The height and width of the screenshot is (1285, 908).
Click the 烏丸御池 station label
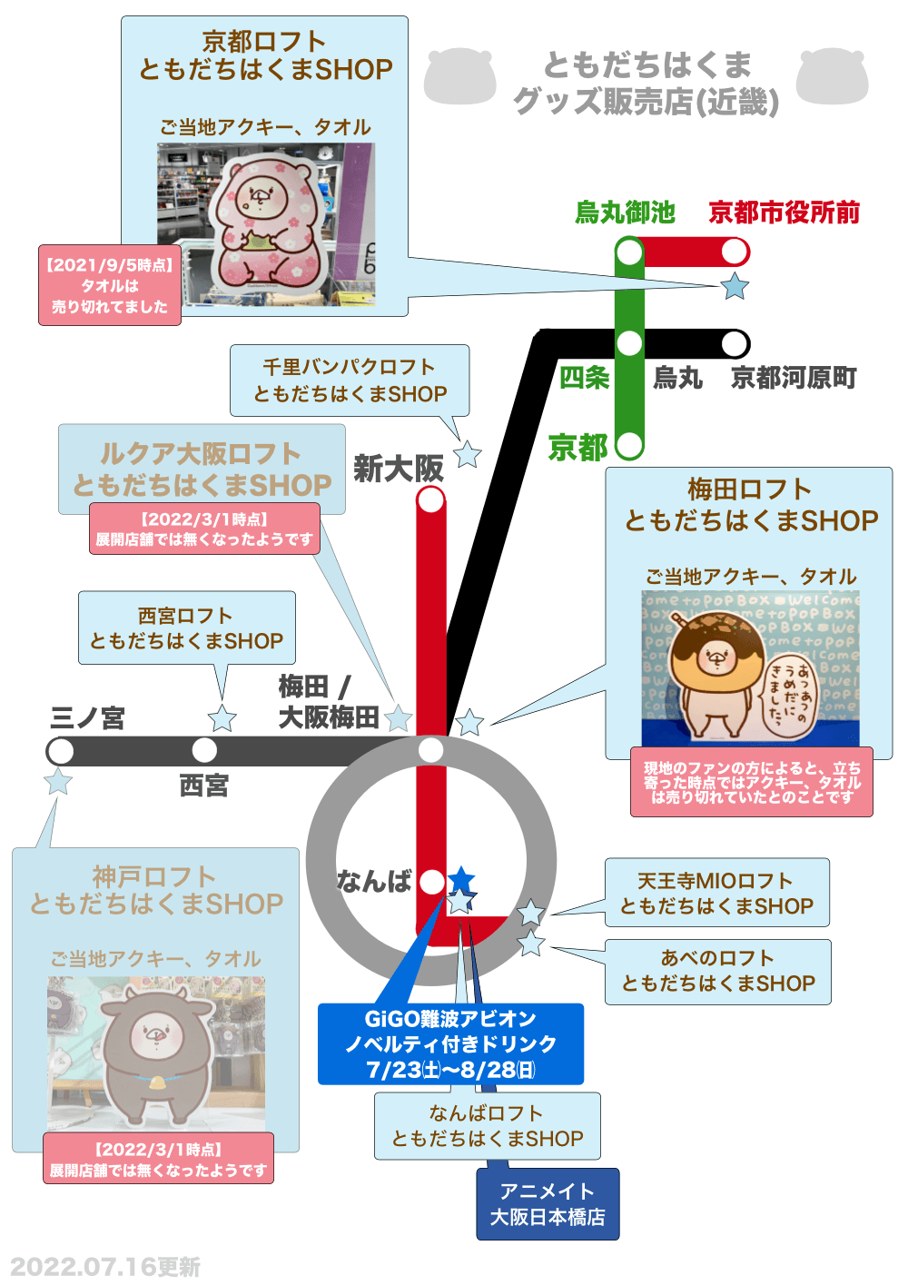tap(625, 213)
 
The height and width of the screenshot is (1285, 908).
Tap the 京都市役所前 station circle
tap(735, 252)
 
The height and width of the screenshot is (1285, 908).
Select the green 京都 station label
tap(578, 448)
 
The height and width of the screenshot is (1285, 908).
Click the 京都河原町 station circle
tap(735, 344)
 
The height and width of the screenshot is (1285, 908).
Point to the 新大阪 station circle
tap(430, 499)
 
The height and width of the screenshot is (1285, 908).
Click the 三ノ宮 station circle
tap(60, 751)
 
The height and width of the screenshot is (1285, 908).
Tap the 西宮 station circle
tap(204, 750)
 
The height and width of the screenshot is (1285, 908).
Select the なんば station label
tap(374, 881)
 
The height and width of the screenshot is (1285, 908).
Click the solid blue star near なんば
tap(461, 878)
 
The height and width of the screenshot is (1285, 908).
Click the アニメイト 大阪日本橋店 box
tap(548, 1203)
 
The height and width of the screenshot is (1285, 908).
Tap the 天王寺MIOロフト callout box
tap(716, 893)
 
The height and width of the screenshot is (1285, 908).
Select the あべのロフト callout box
tap(717, 971)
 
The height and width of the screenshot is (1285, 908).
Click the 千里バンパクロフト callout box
tap(350, 381)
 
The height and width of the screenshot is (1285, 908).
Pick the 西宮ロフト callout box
tap(186, 628)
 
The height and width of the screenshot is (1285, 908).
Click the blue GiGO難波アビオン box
tap(450, 1043)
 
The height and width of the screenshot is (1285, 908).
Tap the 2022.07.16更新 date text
tap(105, 1267)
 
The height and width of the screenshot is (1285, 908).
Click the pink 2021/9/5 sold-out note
tap(109, 285)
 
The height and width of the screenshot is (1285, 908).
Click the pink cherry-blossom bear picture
tap(269, 223)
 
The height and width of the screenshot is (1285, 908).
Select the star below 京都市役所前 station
tap(734, 287)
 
